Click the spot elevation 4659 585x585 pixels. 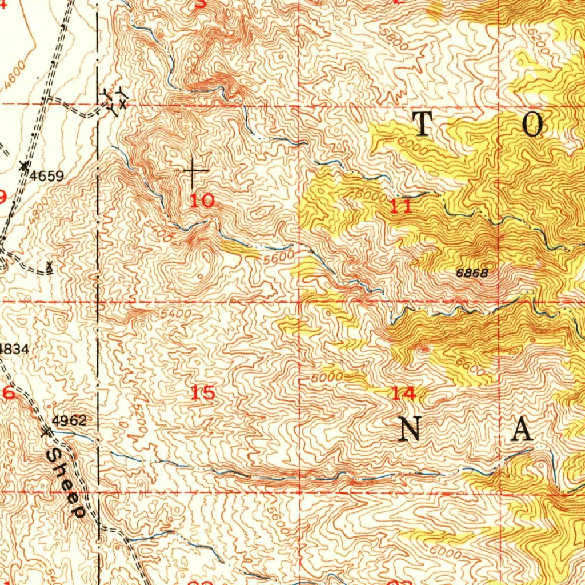(x=47, y=175)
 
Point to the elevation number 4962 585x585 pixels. (x=69, y=422)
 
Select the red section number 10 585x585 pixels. (x=202, y=201)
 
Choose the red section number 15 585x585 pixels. (x=203, y=393)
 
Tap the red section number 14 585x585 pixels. (x=404, y=393)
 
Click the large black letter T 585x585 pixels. (x=423, y=125)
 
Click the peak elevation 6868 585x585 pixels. (x=472, y=274)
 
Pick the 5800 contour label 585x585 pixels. (x=396, y=42)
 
